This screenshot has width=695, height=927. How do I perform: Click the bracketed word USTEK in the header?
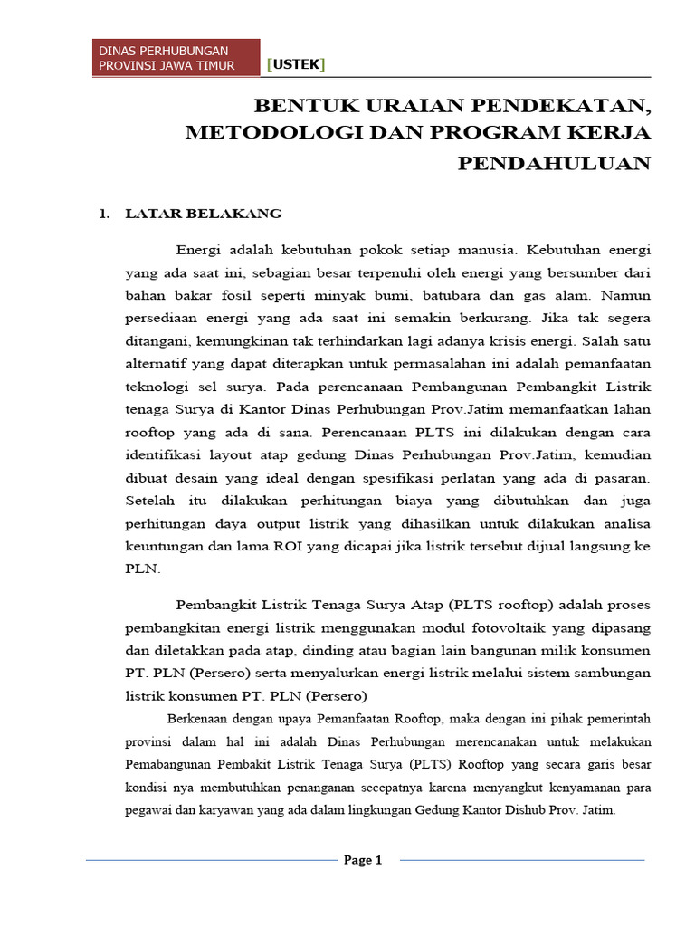pyautogui.click(x=296, y=64)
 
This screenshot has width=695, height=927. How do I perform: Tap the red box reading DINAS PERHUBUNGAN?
pyautogui.click(x=178, y=58)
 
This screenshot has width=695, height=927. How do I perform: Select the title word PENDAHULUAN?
pyautogui.click(x=554, y=163)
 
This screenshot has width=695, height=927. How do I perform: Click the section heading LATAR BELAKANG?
pyautogui.click(x=204, y=215)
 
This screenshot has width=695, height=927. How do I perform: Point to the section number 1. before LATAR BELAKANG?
pyautogui.click(x=104, y=215)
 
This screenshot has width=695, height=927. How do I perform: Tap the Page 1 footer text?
pyautogui.click(x=363, y=860)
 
